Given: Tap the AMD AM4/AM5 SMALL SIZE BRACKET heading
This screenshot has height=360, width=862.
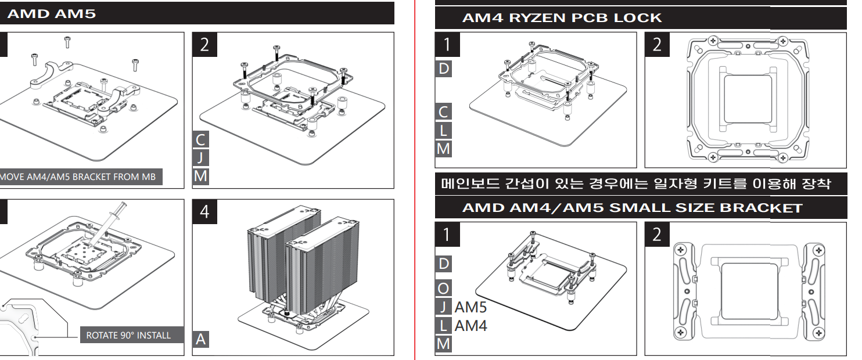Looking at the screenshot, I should [x=632, y=207].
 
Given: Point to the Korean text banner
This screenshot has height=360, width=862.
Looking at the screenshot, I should [x=636, y=185].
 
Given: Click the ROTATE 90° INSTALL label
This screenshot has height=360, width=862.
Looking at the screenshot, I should [x=128, y=335].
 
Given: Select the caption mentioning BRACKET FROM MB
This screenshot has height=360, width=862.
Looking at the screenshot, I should [x=78, y=177].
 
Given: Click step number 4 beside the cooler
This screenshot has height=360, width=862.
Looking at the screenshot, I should [x=204, y=212].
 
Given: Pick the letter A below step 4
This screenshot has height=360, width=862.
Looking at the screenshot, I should [x=201, y=339].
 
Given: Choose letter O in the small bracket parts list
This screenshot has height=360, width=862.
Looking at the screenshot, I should [x=444, y=288].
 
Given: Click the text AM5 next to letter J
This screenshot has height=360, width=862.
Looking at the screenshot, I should [x=470, y=307].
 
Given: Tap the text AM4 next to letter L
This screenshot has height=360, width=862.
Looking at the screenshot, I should [x=470, y=325].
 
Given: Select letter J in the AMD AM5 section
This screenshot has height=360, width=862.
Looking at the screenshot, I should [x=201, y=157].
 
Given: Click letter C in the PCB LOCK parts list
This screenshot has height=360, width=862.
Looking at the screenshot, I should [x=444, y=112].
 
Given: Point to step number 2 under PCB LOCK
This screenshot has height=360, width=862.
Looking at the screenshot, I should [x=658, y=45].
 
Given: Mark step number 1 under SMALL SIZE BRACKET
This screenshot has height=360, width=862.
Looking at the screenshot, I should [x=447, y=235].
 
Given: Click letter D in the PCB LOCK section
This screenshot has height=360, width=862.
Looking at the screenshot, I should [x=444, y=69].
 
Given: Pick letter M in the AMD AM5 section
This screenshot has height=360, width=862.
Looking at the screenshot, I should [x=201, y=175].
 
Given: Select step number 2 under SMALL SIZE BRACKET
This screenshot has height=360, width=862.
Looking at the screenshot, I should [x=658, y=235].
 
